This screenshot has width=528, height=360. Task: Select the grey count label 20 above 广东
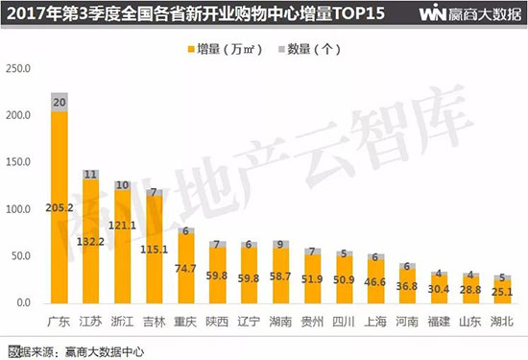(x=60, y=102)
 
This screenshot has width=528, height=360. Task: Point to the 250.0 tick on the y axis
(x=19, y=68)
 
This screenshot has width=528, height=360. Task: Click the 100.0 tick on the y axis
(x=19, y=209)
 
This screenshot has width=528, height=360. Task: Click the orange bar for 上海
(x=376, y=283)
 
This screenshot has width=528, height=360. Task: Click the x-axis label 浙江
(x=122, y=320)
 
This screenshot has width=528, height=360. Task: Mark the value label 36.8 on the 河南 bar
(x=407, y=286)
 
